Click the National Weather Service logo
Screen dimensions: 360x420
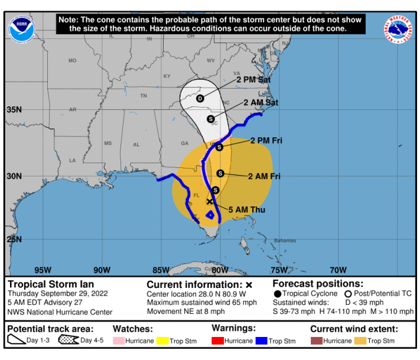(x=399, y=29)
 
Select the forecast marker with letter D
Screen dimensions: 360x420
(x=200, y=98)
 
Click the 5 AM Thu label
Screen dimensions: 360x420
(x=246, y=210)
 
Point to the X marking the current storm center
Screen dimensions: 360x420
(x=209, y=202)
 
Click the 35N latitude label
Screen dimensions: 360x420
(x=14, y=109)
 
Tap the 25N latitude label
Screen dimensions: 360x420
(x=14, y=239)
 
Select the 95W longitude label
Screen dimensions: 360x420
(x=43, y=270)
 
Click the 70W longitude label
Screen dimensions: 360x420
(x=338, y=270)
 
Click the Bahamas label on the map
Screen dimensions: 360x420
(x=285, y=241)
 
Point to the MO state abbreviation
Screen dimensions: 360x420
(x=72, y=61)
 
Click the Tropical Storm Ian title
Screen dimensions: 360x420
(x=50, y=284)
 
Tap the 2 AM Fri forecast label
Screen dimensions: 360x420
(x=263, y=176)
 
